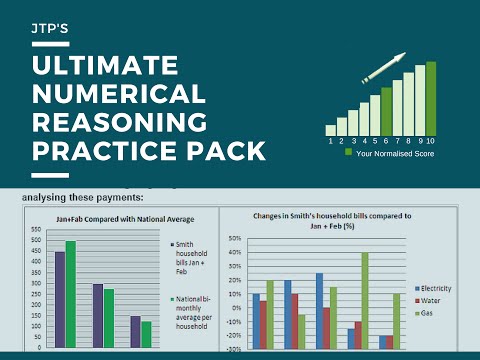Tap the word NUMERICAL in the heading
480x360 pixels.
(118, 97)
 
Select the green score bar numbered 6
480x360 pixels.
(387, 110)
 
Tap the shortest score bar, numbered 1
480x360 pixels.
(331, 129)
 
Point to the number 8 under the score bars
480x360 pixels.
(409, 141)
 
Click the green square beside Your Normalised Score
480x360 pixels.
(349, 153)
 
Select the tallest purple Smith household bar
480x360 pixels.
(60, 299)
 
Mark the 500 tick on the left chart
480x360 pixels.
(36, 241)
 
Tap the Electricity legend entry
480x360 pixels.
(433, 287)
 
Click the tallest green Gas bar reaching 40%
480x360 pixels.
(365, 300)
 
